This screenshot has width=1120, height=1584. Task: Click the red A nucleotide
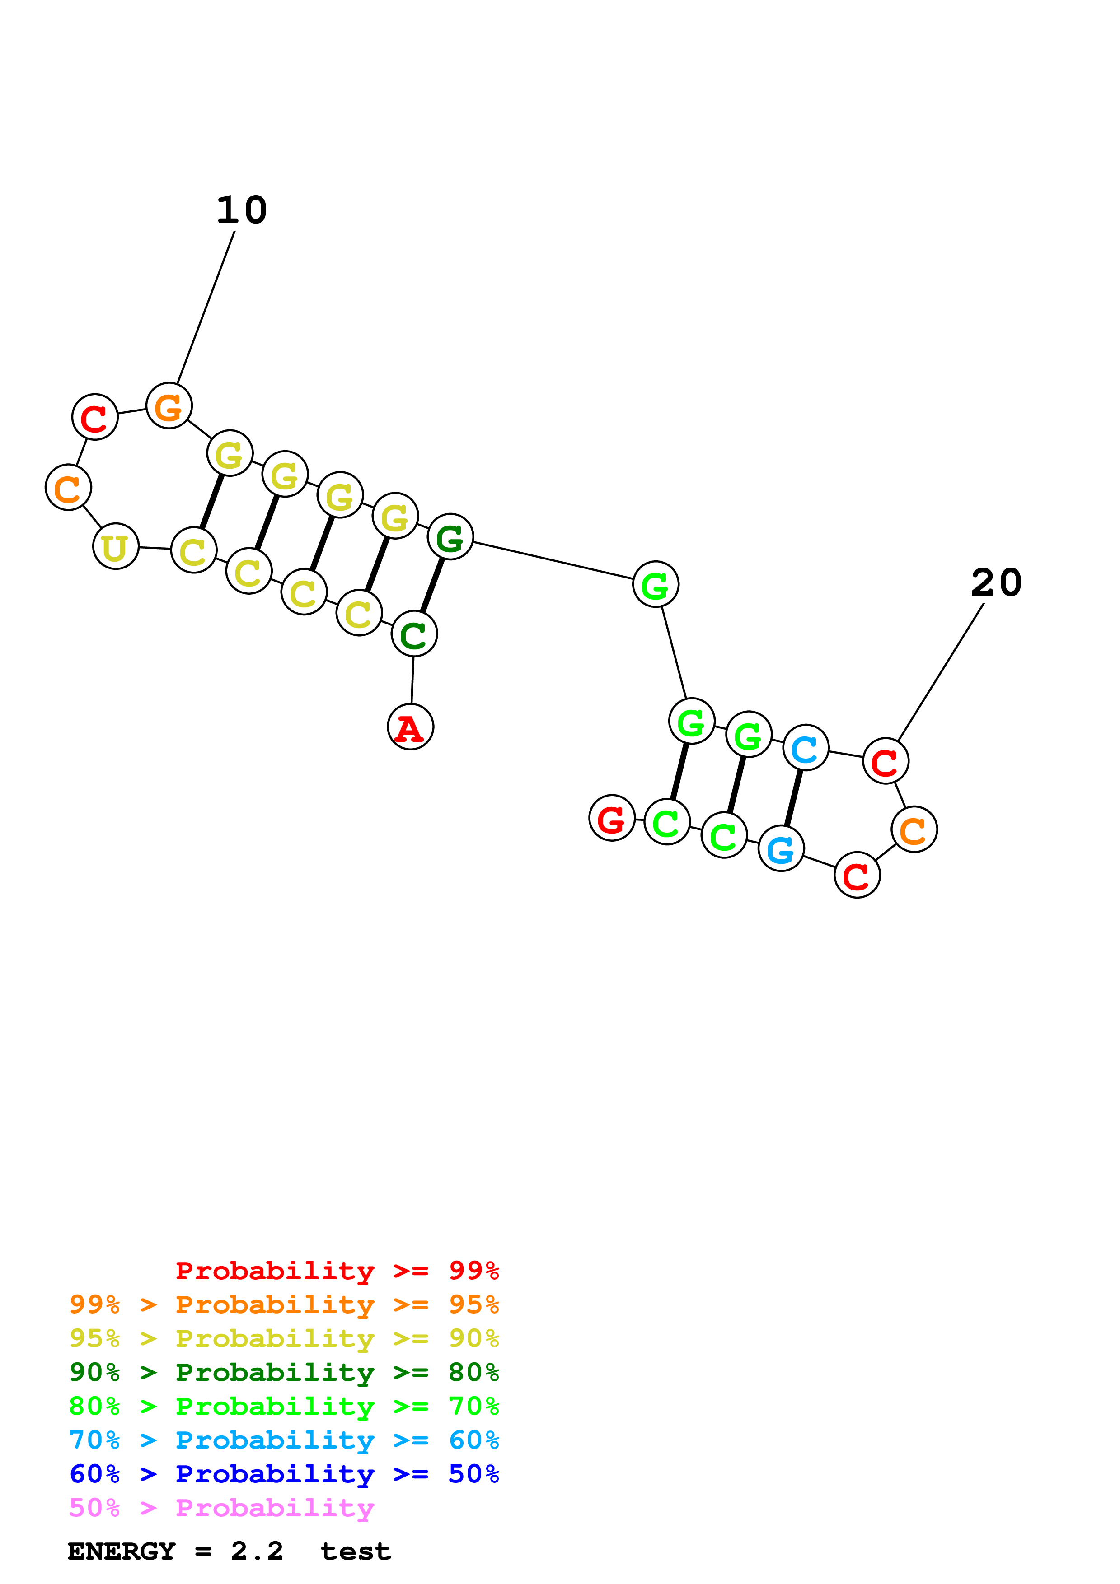tap(411, 727)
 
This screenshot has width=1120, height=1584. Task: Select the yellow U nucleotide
tap(116, 546)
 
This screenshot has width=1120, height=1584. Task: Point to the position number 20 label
tap(996, 582)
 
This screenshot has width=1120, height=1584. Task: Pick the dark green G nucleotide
tap(450, 537)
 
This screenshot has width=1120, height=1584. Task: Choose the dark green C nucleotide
tap(414, 634)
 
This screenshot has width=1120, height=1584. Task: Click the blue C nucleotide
tap(805, 748)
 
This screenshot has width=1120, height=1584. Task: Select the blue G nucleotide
tap(781, 848)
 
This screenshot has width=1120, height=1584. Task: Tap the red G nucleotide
tap(611, 818)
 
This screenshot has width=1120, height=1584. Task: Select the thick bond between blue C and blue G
tap(794, 798)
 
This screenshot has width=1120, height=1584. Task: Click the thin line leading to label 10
tap(206, 307)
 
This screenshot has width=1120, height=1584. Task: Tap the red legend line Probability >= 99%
tap(337, 1270)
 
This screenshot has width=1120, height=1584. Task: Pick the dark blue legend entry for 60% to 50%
tap(284, 1474)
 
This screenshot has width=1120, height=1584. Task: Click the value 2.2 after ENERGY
tap(257, 1551)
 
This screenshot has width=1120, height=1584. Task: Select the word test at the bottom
tap(356, 1551)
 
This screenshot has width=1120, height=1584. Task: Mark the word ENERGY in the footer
tap(122, 1551)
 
